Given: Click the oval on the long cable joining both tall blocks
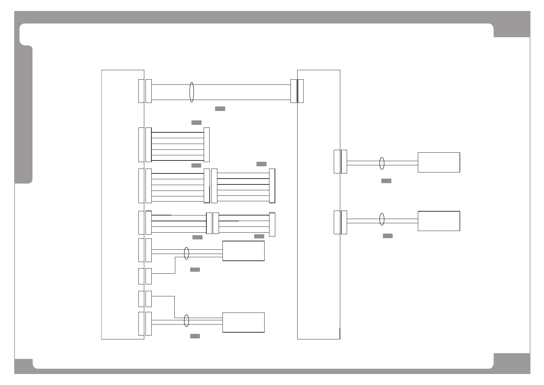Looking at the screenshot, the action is pos(191,92).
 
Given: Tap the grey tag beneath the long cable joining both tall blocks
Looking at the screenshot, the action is pos(220,109).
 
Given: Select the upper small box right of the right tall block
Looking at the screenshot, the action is pos(439,162).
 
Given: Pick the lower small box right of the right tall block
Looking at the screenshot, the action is pos(439,221).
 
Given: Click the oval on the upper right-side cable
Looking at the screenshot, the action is pos(382,163).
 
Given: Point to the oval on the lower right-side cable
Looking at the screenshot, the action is pos(382,219).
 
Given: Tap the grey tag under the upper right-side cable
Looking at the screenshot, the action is pos(386,181).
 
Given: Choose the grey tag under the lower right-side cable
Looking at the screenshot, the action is pos(387,236).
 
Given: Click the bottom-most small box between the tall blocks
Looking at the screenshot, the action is pos(243,322).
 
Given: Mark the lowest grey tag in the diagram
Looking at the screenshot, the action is pos(195,336).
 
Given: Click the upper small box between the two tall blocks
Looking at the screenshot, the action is pos(243,251).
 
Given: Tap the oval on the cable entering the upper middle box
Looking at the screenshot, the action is pos(186,253).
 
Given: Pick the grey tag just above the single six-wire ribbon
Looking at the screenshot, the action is pos(196,123).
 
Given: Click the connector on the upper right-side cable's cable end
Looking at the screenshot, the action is pos(344,161).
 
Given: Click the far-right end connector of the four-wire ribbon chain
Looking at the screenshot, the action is pos(272,225).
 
